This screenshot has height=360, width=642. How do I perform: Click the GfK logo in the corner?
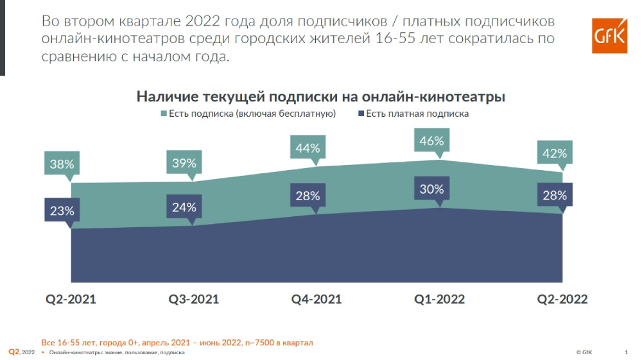coord(609,35)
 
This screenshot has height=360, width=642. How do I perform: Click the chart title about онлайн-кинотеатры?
coord(320,96)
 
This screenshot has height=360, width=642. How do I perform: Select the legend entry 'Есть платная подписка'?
coord(412,114)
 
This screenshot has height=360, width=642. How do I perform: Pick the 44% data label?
coord(308,148)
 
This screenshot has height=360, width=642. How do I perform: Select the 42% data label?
coord(553,153)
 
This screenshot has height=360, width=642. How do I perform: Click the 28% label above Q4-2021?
coord(308,196)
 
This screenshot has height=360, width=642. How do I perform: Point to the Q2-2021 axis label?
coord(70,299)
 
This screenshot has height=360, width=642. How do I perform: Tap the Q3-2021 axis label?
coord(193,299)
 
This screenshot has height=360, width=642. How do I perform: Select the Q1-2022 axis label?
coord(440,299)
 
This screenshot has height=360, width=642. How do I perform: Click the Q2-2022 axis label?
coord(562,299)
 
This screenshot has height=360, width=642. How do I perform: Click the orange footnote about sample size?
coord(177,343)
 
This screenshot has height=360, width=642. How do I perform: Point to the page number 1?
coord(626,352)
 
